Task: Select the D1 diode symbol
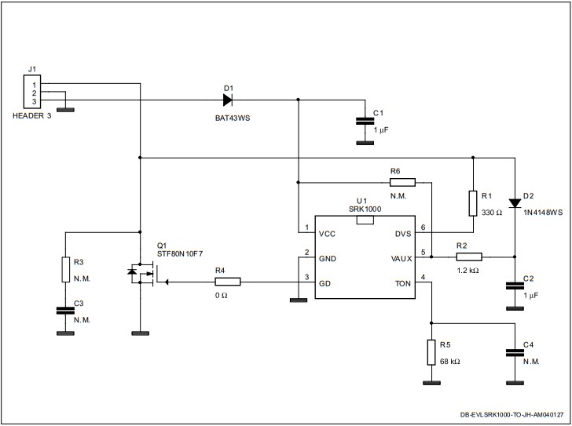tap(228, 100)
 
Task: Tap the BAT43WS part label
tap(229, 119)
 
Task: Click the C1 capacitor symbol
tap(363, 121)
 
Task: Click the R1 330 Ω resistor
tap(473, 202)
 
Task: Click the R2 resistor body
tap(470, 255)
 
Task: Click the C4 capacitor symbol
tap(515, 353)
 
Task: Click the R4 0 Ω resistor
tap(227, 281)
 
